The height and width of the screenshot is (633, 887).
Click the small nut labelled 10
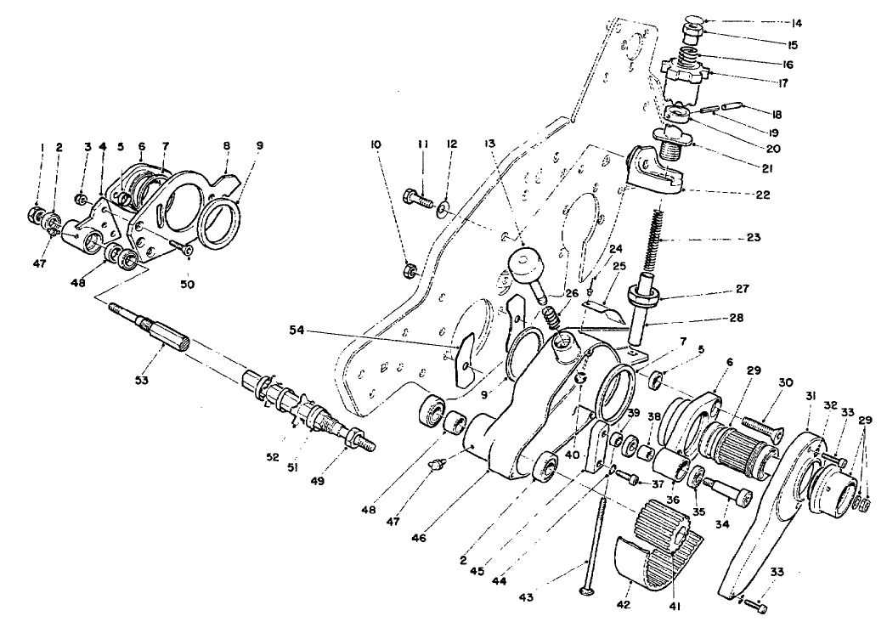[x=406, y=270]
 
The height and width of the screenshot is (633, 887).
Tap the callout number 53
[x=140, y=379]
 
